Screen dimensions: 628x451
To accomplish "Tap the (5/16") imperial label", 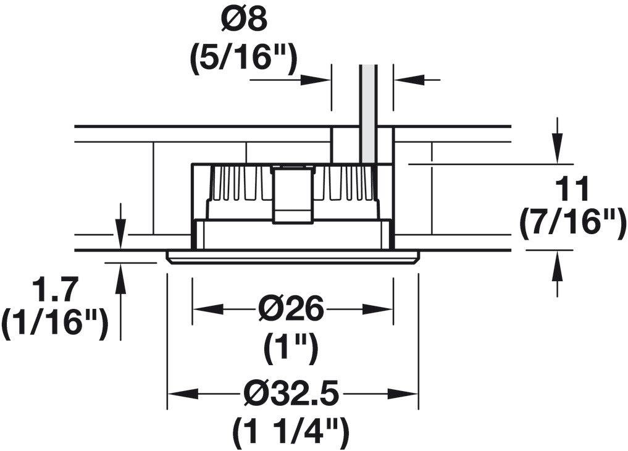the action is click(244, 59).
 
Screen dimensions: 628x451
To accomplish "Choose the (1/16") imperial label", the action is click(55, 325).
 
